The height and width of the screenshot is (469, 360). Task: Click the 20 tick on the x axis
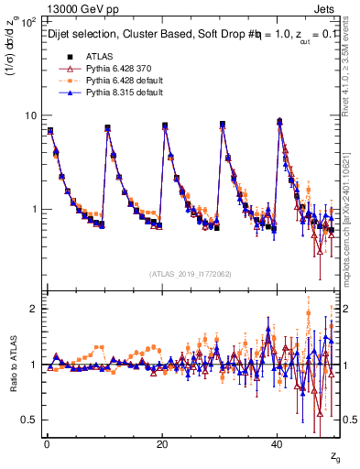coord(162,444)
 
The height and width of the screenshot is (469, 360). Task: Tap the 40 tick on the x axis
coord(278,444)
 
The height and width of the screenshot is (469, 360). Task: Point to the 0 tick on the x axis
coord(46,444)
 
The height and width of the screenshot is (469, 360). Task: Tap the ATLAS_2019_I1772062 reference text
coord(191,273)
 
